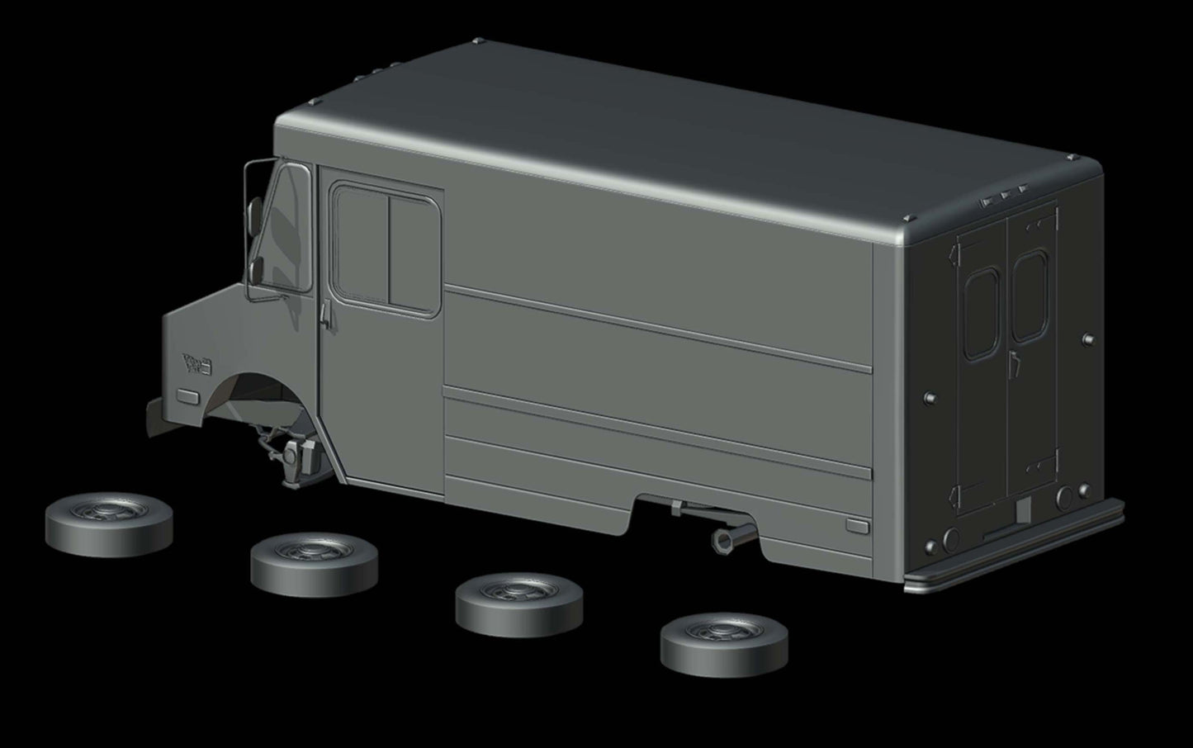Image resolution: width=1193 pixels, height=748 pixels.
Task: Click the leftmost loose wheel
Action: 109,524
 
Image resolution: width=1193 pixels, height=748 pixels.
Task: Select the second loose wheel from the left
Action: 314,564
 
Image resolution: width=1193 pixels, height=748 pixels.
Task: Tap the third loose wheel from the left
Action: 518,605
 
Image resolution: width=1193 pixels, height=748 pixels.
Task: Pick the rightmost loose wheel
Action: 723,643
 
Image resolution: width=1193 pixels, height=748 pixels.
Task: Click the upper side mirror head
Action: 255,211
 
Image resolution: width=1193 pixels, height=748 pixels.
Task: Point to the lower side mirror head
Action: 256,268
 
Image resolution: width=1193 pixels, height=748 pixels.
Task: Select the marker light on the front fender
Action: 187,395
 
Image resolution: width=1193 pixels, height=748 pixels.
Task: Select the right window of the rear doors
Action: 1029,296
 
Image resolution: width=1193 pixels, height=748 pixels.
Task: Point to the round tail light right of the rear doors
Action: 1063,496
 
